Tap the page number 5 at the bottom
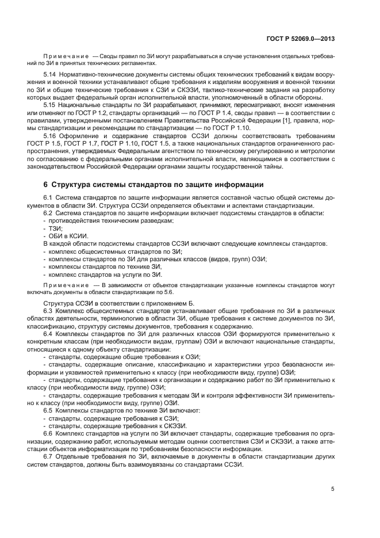click(x=333, y=489)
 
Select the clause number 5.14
click(x=50, y=75)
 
